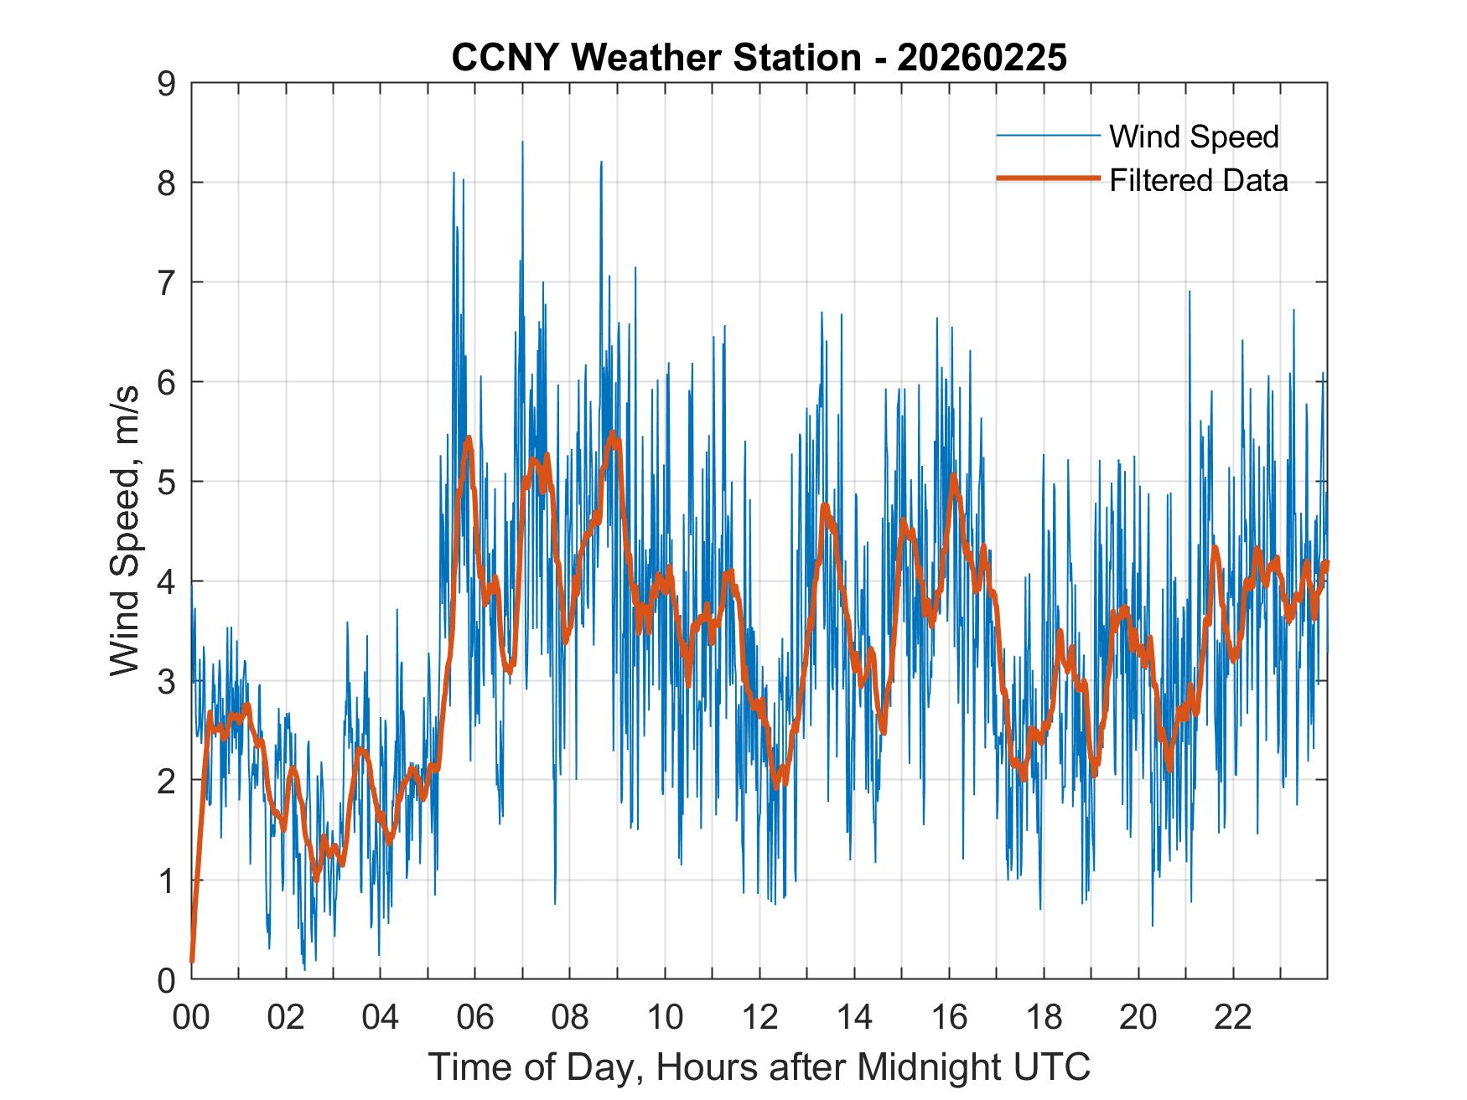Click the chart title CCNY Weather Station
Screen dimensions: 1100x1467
point(656,58)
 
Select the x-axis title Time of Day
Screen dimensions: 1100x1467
point(759,1066)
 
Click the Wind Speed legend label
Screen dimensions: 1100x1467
point(1194,137)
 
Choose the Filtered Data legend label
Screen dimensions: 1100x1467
point(1198,180)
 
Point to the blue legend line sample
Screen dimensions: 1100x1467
point(1047,136)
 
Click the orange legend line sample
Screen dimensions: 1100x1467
point(1047,178)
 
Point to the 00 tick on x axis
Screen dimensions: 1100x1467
point(191,1017)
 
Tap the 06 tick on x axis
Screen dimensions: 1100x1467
point(475,1017)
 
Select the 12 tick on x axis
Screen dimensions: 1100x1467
point(759,1017)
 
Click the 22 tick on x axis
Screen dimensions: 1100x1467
point(1233,1017)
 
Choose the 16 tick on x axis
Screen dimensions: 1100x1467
point(949,1017)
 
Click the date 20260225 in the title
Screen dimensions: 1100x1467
point(982,58)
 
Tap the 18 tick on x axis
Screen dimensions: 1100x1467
point(1044,1017)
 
